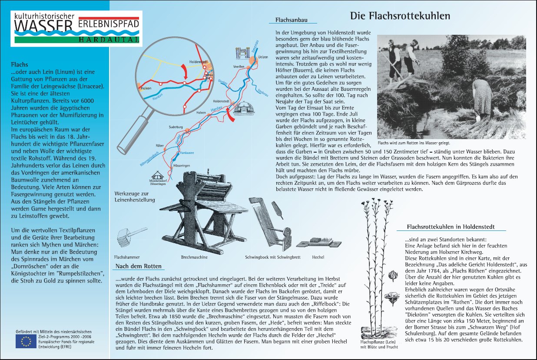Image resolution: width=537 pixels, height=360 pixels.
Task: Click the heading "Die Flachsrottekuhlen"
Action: [x=400, y=17]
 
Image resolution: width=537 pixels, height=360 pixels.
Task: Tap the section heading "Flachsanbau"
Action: [x=289, y=20]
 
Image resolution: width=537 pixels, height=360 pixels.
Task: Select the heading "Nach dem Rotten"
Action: [x=139, y=266]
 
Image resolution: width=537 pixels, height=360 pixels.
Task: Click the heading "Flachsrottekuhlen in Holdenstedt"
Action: [x=450, y=227]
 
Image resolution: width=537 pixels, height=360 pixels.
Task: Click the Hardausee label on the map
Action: [x=187, y=153]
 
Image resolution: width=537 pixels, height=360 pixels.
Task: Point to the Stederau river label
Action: [x=262, y=91]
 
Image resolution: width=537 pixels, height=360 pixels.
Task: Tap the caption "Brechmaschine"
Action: [x=194, y=257]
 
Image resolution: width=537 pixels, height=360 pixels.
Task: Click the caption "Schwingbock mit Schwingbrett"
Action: [x=267, y=257]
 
